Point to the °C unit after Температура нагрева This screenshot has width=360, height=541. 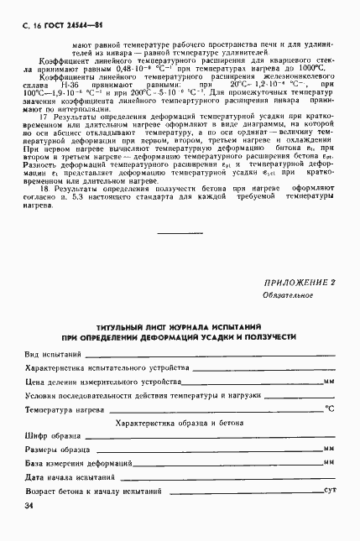click(x=330, y=409)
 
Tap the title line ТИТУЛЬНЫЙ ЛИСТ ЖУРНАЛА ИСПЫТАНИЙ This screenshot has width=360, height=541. click(x=180, y=324)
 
